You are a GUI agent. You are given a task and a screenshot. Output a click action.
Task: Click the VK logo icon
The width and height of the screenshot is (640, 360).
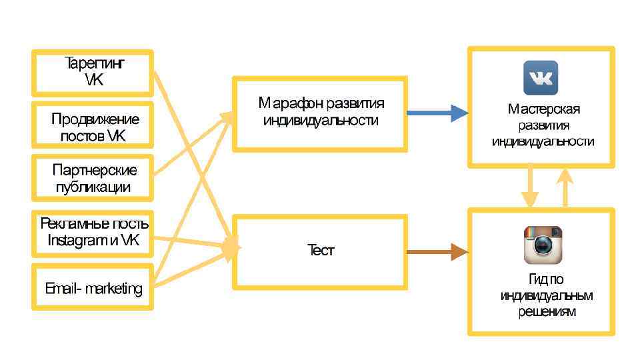pyautogui.click(x=541, y=78)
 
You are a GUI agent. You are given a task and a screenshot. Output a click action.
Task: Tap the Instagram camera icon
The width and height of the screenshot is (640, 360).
pyautogui.click(x=543, y=245)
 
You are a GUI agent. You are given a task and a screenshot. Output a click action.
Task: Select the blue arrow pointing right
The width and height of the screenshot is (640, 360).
pyautogui.click(x=437, y=114)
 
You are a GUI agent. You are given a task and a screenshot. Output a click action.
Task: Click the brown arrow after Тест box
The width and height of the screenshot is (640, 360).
pyautogui.click(x=437, y=252)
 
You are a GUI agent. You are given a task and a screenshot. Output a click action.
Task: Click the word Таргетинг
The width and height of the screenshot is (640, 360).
pyautogui.click(x=95, y=64)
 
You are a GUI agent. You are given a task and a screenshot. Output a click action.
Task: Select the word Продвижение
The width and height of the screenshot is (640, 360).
pyautogui.click(x=95, y=119)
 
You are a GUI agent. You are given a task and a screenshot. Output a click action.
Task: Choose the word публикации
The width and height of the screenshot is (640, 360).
pyautogui.click(x=93, y=187)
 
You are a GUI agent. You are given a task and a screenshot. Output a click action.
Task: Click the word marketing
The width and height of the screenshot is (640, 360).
pyautogui.click(x=114, y=289)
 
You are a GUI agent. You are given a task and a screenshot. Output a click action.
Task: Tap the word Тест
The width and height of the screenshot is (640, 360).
pyautogui.click(x=320, y=251)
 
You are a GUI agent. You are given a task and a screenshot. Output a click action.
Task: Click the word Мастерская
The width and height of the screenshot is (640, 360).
pyautogui.click(x=543, y=109)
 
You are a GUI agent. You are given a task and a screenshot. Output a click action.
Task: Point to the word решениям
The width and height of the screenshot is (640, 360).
pyautogui.click(x=547, y=311)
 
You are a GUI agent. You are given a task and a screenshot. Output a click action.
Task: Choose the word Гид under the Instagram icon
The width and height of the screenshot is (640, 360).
pyautogui.click(x=529, y=280)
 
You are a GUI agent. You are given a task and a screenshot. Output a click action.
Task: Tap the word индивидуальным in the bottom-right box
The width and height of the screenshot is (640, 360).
pyautogui.click(x=547, y=295)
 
